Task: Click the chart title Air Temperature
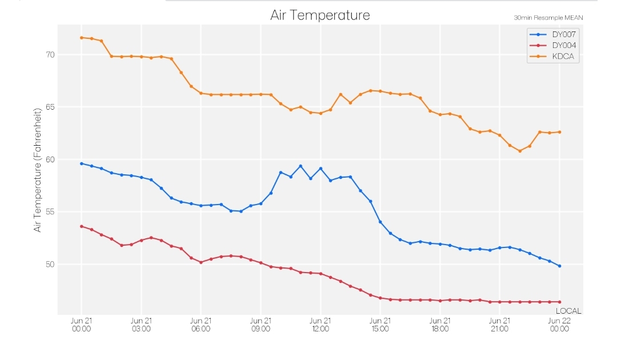(320, 15)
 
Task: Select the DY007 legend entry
(553, 34)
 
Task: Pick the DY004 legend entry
(553, 45)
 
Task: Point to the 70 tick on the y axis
(50, 55)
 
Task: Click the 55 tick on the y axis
(50, 211)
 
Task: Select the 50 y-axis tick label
(50, 265)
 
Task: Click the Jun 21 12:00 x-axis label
(320, 325)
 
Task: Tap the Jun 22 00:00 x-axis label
(559, 325)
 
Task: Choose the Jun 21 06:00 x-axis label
(201, 325)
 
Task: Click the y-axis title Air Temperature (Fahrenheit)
(37, 170)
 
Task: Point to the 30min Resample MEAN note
(548, 18)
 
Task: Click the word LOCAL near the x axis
(568, 311)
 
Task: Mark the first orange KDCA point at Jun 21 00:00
(82, 38)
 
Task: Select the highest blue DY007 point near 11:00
(301, 166)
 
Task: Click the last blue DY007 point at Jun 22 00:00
(559, 266)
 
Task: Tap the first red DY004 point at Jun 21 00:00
(82, 226)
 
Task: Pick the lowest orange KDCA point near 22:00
(520, 151)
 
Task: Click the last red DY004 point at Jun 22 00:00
(559, 302)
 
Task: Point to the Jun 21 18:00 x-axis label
(440, 325)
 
